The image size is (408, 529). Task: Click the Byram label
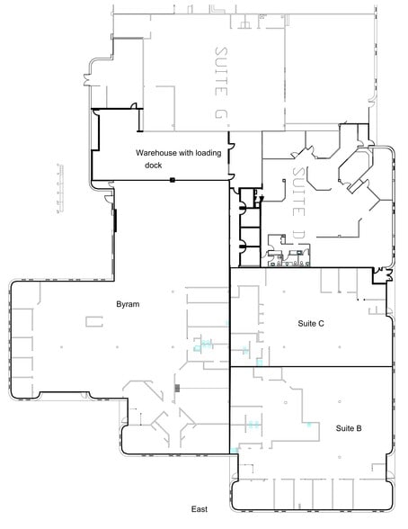tap(128, 305)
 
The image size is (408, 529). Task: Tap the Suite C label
tap(310, 323)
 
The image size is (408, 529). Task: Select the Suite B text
tap(348, 429)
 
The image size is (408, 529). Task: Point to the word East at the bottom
tap(200, 509)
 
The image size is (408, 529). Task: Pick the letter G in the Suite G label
tap(223, 115)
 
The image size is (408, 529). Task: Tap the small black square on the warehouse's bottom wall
tap(172, 181)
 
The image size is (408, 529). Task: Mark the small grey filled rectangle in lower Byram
tap(178, 388)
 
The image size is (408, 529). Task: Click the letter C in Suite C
tap(321, 323)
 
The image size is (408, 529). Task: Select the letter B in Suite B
tap(359, 429)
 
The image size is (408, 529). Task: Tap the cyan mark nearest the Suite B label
tap(310, 423)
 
